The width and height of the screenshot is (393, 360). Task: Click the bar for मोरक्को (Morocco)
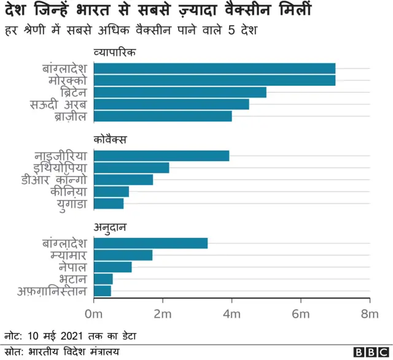tap(214, 80)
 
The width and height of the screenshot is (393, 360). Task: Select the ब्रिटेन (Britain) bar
tap(180, 92)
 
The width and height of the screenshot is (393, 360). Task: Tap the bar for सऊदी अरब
tap(171, 104)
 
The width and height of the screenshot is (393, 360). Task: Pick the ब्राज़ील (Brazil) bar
tap(163, 116)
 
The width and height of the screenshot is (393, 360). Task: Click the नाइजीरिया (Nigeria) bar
tap(161, 156)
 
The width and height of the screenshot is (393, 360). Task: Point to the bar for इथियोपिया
tap(131, 167)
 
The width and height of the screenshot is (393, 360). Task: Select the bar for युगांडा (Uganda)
tap(109, 204)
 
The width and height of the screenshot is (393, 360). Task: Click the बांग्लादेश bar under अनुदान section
tap(150, 243)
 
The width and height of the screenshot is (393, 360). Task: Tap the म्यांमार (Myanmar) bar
tap(123, 255)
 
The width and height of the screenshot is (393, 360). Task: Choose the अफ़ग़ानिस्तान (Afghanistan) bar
tap(103, 291)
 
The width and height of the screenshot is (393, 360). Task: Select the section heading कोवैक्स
tap(110, 140)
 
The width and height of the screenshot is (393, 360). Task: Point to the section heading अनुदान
tap(110, 228)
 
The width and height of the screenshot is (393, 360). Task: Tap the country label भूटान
tap(72, 279)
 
